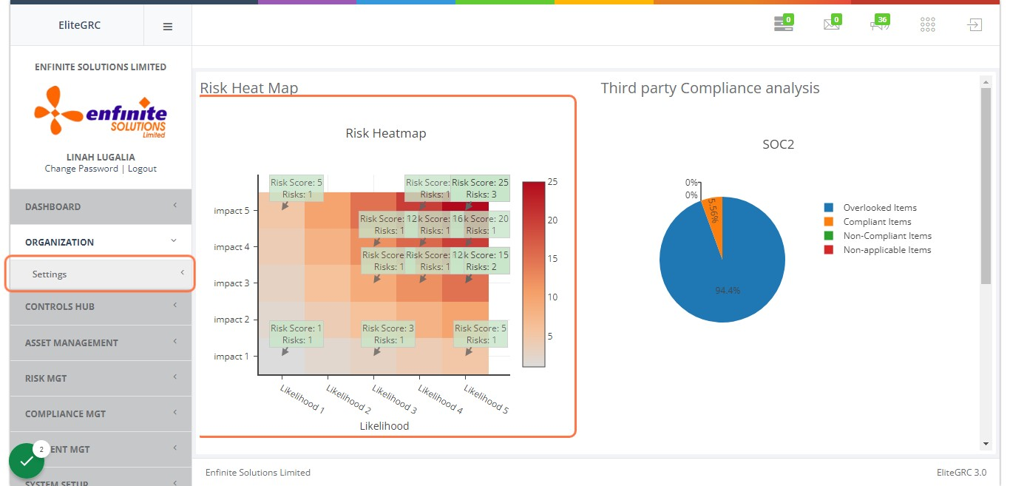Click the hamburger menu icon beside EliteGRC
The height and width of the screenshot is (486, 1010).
pos(168,26)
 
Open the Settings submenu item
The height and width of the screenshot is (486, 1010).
pos(50,274)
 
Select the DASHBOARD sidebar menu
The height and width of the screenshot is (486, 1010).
pos(53,206)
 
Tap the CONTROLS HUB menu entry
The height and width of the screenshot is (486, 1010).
pos(60,306)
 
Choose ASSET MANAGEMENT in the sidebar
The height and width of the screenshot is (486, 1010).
pos(72,342)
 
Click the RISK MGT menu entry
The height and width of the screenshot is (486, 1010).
pos(46,378)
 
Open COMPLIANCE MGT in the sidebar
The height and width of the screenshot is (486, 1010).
pos(64,414)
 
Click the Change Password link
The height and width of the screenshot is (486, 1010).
pos(81,169)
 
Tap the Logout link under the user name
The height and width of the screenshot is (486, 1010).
pos(142,169)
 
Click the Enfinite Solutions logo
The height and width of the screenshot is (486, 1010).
pos(101,112)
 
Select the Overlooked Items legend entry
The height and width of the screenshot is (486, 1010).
pos(880,208)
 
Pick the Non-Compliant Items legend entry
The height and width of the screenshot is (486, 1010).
pos(887,236)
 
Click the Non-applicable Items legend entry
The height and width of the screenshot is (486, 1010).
pos(887,250)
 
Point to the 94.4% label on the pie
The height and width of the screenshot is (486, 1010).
pos(728,291)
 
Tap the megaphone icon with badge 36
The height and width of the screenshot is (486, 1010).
pos(878,24)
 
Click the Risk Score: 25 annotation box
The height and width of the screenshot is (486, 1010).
pos(480,189)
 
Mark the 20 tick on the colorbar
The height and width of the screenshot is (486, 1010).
pos(552,220)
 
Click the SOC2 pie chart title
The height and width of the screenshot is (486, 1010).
pos(778,145)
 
